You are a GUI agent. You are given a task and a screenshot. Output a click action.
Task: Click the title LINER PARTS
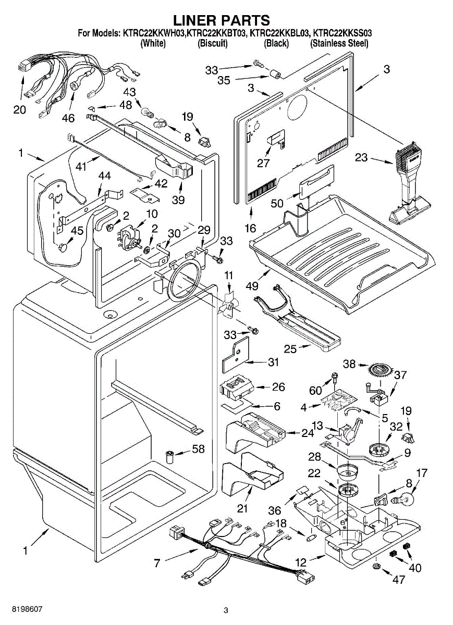pos(221,20)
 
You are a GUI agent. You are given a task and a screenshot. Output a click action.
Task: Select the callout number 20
pos(19,110)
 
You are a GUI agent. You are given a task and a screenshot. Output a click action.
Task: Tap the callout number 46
pos(68,118)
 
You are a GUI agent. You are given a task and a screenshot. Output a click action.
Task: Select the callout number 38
pos(349,364)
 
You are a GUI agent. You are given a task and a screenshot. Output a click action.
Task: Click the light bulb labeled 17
pos(408,501)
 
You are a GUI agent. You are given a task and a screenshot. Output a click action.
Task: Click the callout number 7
pos(157,562)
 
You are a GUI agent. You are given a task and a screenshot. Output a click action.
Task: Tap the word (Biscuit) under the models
pos(212,44)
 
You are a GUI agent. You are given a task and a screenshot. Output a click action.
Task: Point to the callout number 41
pos(79,166)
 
